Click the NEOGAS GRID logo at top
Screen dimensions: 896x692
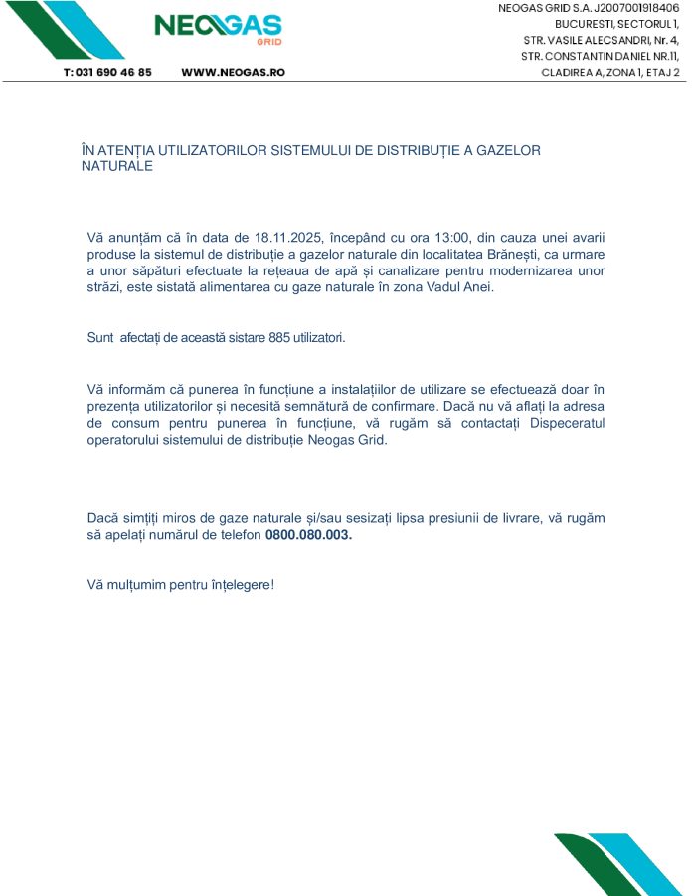218,27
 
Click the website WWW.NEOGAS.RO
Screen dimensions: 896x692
234,73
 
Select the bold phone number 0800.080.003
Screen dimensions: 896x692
308,535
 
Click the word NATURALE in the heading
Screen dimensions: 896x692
116,166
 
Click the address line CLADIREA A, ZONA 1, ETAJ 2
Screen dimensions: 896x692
610,72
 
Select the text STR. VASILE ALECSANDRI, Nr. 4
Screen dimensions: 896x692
601,40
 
